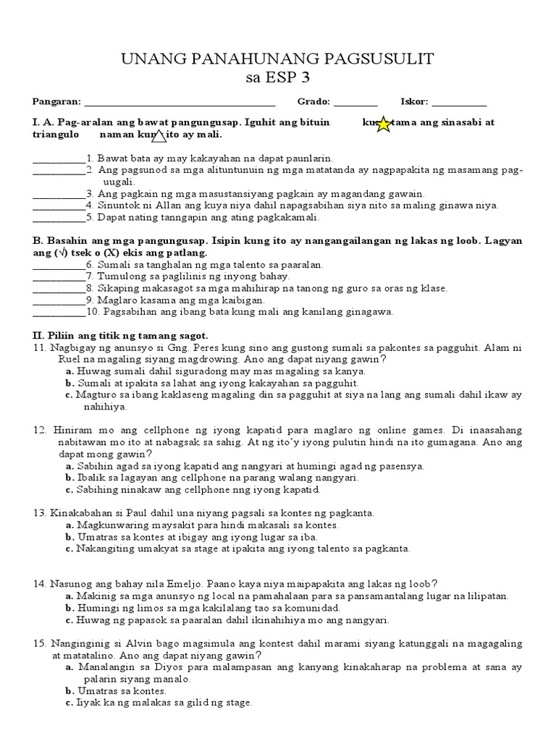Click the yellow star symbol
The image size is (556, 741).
[383, 124]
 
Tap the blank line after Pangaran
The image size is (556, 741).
[180, 103]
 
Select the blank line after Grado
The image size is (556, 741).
[355, 103]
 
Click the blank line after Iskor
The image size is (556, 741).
[459, 103]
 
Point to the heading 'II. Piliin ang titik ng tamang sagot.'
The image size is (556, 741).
[120, 336]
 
